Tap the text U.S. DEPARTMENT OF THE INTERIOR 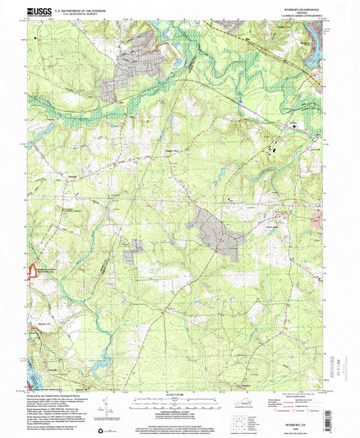tap(76, 8)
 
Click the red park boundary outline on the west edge tap(31, 271)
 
